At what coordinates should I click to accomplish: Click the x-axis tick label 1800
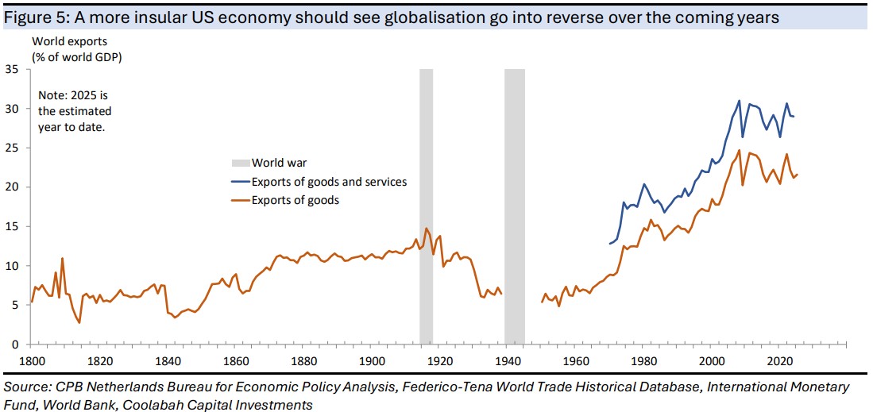coord(32,362)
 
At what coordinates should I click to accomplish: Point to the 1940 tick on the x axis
coord(508,362)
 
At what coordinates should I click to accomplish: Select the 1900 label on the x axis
coord(372,362)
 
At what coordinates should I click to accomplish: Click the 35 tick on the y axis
coord(12,70)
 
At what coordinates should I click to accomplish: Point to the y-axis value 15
coord(12,227)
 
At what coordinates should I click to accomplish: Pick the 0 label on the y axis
coord(15,345)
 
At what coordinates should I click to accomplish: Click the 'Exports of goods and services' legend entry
coord(329,182)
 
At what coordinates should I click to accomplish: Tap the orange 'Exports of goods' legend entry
coord(296,200)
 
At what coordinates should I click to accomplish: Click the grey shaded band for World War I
coord(426,206)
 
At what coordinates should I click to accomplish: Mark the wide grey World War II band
coord(515,206)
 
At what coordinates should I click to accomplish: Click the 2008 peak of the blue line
coord(739,101)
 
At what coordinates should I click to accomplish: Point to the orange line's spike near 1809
coord(62,259)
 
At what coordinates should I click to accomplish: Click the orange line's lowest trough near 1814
coord(79,322)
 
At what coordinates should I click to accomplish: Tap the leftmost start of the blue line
coord(610,244)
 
